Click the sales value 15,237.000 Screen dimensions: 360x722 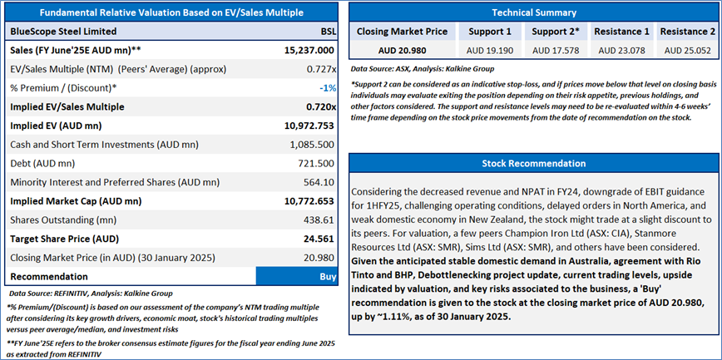(x=309, y=51)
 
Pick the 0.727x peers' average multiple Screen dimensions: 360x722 (x=319, y=69)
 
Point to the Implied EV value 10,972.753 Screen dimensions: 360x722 (x=304, y=126)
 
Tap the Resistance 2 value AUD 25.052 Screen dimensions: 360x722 (x=687, y=49)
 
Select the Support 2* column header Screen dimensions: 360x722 (x=556, y=31)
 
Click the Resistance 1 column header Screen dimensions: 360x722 (x=622, y=31)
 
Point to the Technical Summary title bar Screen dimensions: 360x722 (x=534, y=12)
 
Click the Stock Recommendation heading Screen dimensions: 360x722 (x=534, y=163)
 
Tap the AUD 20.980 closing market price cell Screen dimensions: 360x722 (x=403, y=49)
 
